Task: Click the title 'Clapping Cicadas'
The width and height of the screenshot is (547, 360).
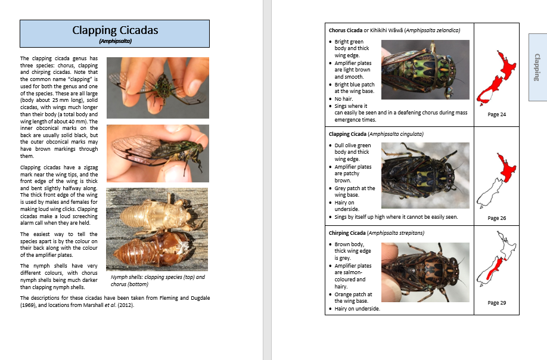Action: point(115,30)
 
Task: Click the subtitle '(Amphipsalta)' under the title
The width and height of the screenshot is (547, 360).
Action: point(115,41)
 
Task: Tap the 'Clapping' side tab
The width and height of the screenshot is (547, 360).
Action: point(537,66)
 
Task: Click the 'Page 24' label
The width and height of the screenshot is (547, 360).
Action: point(496,114)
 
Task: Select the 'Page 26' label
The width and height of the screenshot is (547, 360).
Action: point(496,218)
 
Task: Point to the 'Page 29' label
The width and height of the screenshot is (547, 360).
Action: point(496,303)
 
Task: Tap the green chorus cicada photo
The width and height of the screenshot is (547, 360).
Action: point(425,69)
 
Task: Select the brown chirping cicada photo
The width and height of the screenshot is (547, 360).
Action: point(425,272)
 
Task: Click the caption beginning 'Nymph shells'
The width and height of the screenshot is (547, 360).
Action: point(157,281)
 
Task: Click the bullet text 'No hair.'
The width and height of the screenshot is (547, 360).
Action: point(343,99)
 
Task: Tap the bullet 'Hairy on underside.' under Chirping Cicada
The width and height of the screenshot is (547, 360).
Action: point(357,309)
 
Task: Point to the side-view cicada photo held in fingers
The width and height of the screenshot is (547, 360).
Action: point(157,153)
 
